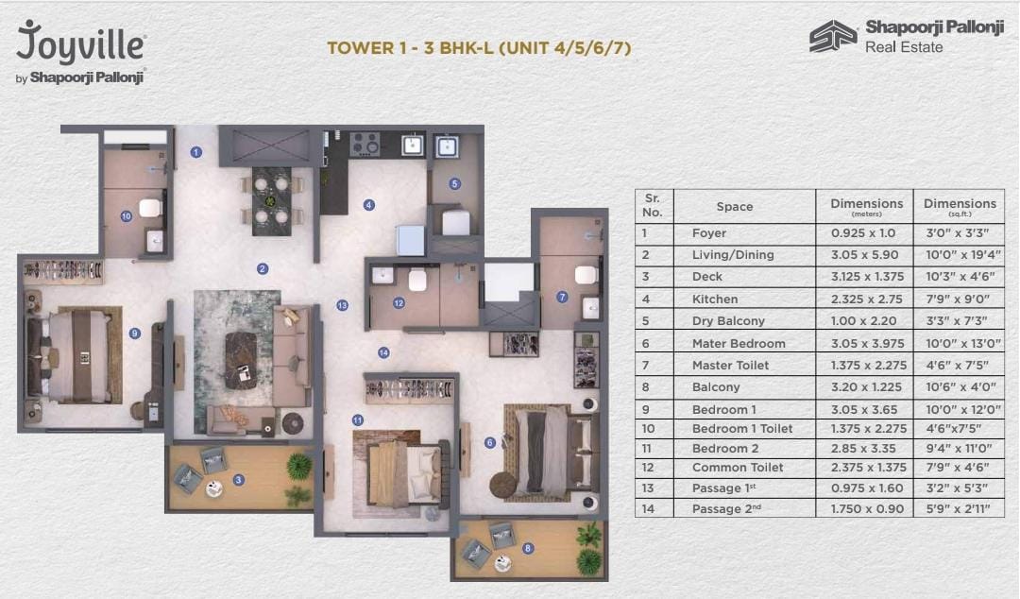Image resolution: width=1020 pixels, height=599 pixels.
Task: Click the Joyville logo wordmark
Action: [80, 43]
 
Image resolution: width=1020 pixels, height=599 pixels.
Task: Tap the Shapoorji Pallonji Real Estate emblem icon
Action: [832, 37]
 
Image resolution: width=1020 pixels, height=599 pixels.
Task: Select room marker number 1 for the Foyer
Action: [196, 151]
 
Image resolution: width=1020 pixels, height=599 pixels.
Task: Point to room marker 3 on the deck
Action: [239, 480]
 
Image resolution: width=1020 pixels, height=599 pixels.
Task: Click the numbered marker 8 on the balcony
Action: [527, 547]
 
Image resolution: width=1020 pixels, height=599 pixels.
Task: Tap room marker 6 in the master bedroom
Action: [489, 442]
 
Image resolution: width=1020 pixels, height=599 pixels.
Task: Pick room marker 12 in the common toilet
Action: [399, 303]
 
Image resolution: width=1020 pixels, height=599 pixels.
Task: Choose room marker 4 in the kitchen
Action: [369, 204]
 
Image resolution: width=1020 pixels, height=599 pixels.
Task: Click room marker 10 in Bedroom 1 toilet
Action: [126, 215]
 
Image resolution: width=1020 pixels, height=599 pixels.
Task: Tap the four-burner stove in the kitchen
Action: [365, 145]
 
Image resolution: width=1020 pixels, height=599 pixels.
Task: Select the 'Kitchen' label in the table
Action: [714, 299]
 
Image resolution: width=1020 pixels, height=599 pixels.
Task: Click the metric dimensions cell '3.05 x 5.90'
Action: [863, 255]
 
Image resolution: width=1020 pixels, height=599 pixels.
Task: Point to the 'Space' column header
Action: [734, 206]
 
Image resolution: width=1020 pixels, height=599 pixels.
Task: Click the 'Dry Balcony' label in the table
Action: [728, 321]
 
